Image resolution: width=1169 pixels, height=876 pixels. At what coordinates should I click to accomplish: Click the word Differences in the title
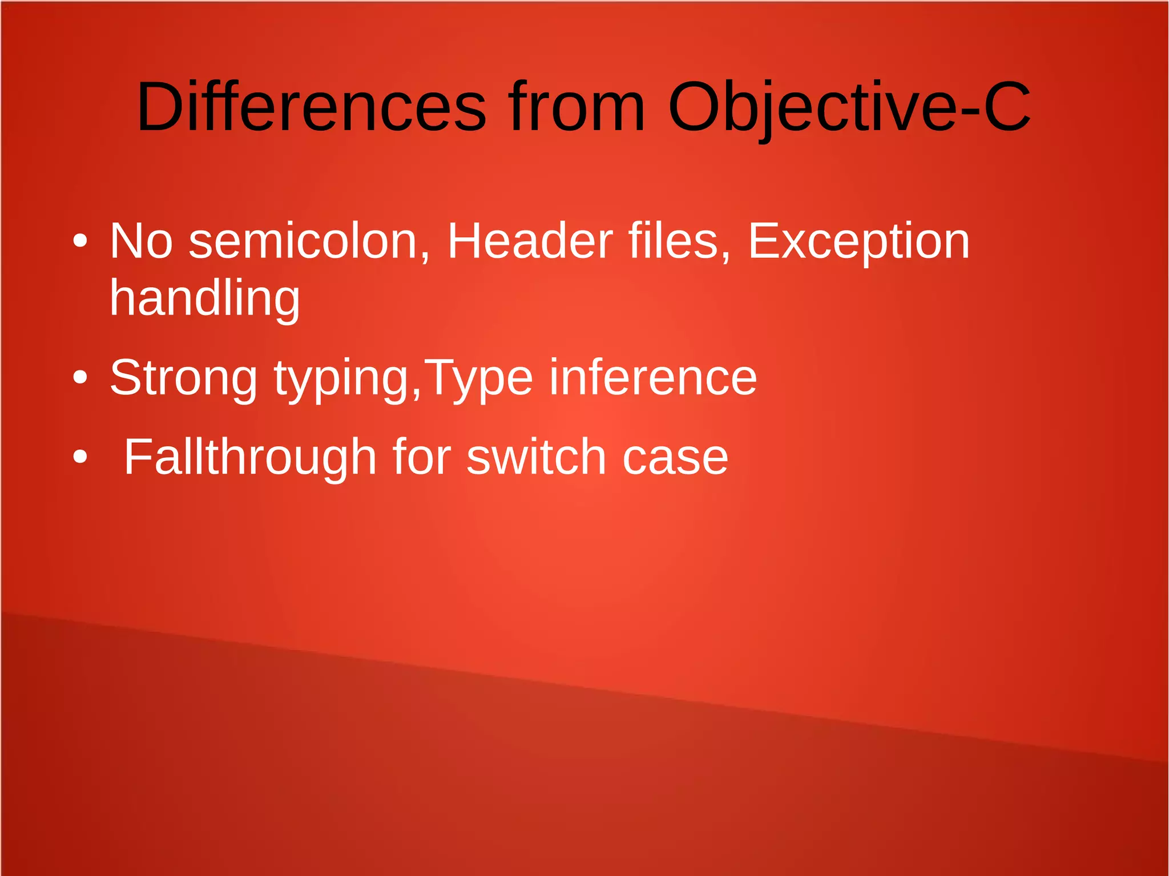pos(312,107)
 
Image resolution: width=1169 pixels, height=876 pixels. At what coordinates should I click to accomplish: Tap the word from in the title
pos(577,107)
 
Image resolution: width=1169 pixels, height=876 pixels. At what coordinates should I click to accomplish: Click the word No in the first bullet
pos(141,241)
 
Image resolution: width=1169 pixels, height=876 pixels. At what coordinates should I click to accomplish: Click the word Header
pos(530,241)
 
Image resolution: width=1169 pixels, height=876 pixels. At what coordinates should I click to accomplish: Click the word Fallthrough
pos(250,458)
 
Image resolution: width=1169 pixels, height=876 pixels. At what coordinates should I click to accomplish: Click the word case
pos(675,458)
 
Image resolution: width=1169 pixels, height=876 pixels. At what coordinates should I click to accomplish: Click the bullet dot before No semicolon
pos(80,241)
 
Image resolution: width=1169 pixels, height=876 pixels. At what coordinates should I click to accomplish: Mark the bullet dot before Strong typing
pos(80,377)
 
